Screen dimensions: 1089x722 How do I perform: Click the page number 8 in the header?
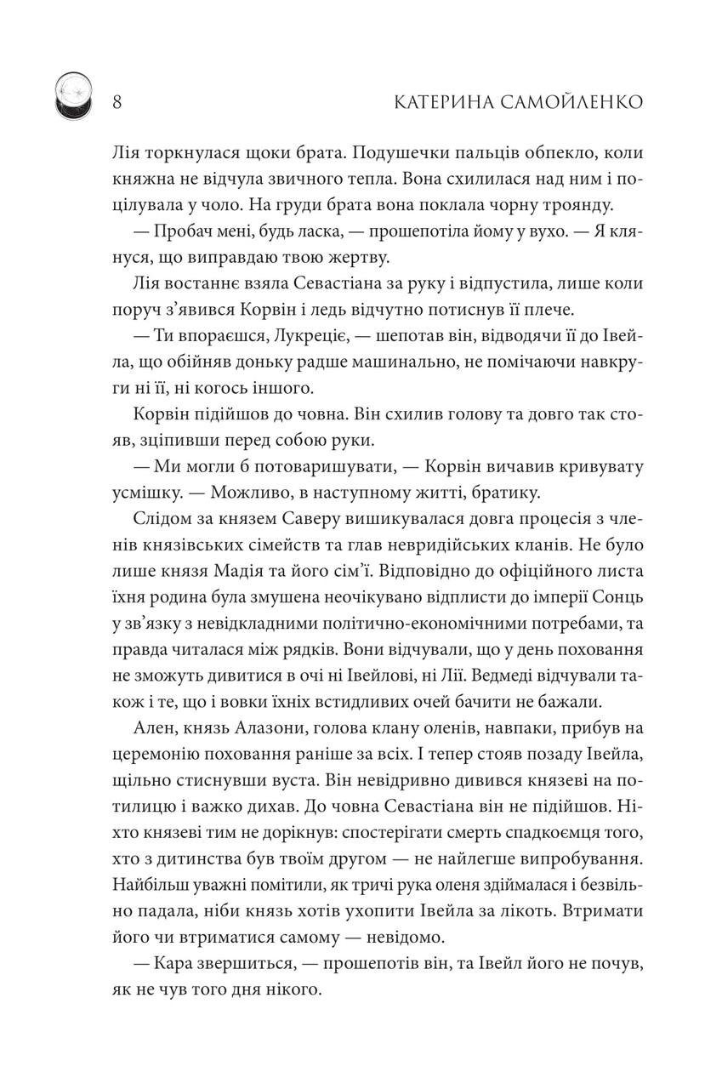(118, 102)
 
